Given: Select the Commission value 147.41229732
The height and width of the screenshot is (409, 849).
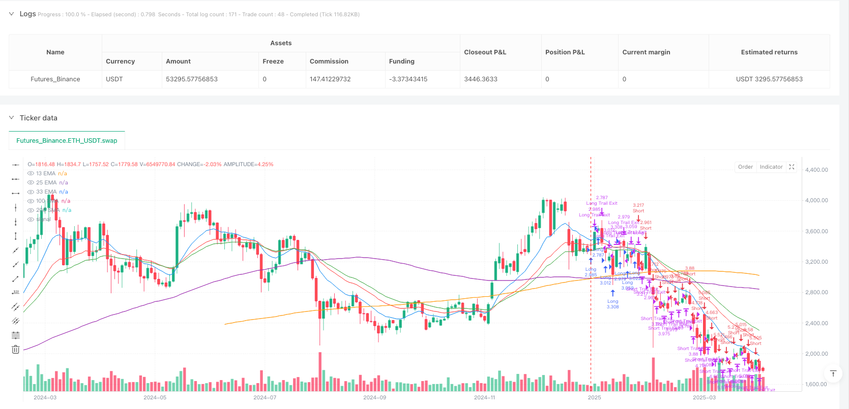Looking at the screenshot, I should click(x=330, y=79).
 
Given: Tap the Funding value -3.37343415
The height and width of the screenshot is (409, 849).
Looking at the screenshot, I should click(x=408, y=79).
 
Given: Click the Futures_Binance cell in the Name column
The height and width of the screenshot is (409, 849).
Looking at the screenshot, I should click(x=55, y=79).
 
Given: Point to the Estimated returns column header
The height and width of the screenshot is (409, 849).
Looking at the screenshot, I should click(x=769, y=52).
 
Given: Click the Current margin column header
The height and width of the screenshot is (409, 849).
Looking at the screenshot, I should click(x=646, y=52).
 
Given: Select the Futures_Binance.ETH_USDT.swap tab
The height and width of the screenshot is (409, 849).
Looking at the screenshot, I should click(x=67, y=141).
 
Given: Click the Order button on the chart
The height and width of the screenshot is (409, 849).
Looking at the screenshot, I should click(x=745, y=167).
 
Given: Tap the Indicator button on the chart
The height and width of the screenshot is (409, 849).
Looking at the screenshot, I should click(x=771, y=167).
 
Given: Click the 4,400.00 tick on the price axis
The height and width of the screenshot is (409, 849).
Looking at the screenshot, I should click(x=816, y=170).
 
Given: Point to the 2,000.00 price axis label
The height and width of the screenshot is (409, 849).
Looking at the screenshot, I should click(x=816, y=354).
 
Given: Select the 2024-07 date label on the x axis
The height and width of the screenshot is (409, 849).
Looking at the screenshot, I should click(x=265, y=397).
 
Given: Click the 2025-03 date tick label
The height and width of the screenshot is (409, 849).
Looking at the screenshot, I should click(x=704, y=397).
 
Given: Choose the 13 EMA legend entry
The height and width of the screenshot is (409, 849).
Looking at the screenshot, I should click(x=46, y=174).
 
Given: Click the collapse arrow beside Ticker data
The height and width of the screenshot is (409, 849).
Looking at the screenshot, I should click(x=12, y=118).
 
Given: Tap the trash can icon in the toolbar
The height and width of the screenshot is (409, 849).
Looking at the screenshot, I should click(x=16, y=349).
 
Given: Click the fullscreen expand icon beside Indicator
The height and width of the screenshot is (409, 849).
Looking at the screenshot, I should click(x=792, y=167).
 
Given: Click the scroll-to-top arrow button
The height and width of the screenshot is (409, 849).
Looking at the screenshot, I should click(x=833, y=373).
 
